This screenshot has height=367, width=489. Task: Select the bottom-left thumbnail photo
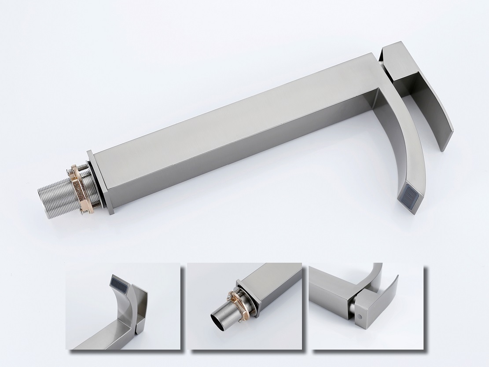123,306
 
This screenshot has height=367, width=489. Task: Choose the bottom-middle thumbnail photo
244,306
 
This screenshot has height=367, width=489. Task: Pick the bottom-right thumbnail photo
366,306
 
